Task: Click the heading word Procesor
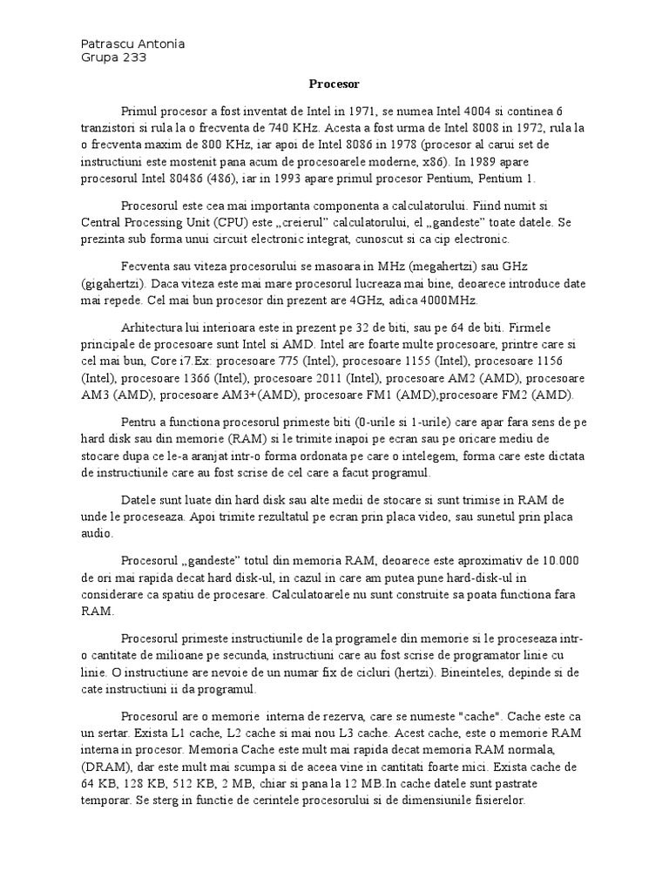click(x=334, y=84)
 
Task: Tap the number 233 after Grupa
click(x=133, y=58)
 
